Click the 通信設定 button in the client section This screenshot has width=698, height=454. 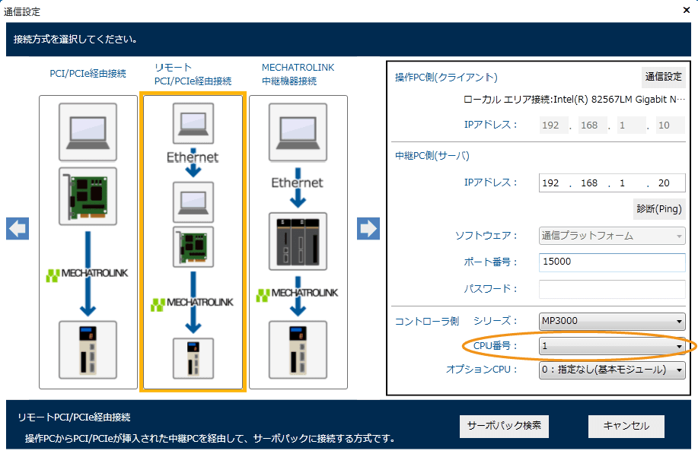663,77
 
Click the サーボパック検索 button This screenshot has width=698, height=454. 504,426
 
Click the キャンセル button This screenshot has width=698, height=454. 626,426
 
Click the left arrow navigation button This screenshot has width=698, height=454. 18,228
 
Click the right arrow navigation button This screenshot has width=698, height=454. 368,228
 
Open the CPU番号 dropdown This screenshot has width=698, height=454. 612,346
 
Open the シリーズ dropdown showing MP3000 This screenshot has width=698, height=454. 612,321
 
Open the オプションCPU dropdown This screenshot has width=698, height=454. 612,370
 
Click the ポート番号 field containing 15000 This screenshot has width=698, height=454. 612,262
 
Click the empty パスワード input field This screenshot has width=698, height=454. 612,289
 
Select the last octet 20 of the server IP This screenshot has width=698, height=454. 665,183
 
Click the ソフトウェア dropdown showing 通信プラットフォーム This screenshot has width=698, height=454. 612,236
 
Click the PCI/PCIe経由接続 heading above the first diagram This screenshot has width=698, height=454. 88,74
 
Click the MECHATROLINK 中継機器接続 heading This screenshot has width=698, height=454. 298,74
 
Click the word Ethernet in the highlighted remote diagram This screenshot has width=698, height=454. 193,157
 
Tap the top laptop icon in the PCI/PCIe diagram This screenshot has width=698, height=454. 88,126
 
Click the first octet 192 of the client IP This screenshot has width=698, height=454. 551,125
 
